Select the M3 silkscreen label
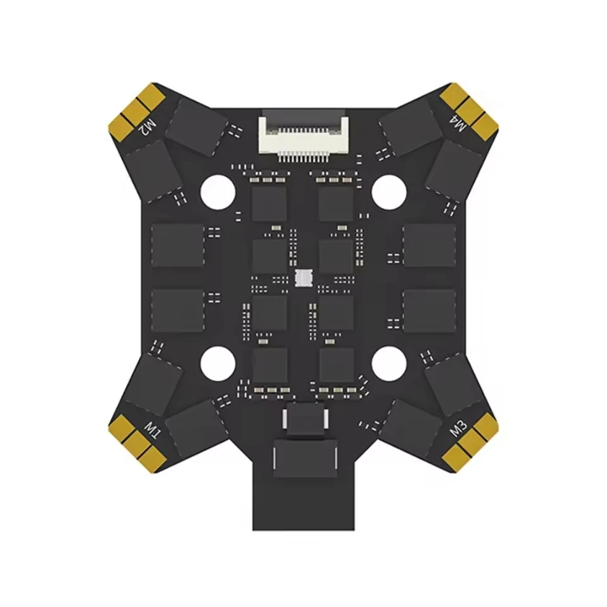tap(457, 429)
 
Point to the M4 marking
tap(461, 124)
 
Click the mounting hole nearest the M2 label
tap(217, 191)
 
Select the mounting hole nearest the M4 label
tap(388, 191)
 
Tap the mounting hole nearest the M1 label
tap(217, 363)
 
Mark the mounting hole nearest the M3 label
tap(388, 363)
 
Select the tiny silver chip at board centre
tap(303, 278)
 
